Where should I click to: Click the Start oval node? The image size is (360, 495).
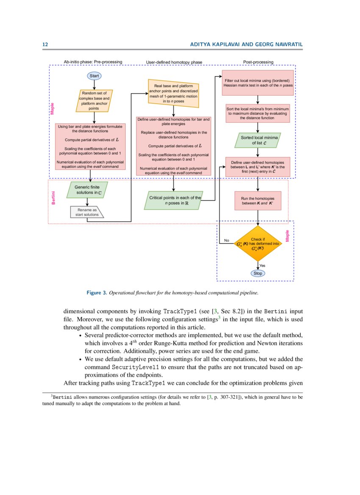94,76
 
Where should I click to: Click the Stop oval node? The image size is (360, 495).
258,273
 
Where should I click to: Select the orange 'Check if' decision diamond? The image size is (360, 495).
258,244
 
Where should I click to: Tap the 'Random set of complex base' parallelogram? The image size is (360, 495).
94,101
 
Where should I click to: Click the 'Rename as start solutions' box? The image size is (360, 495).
87,212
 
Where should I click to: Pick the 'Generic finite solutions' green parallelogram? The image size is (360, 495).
87,190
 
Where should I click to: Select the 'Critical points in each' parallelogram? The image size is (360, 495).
173,200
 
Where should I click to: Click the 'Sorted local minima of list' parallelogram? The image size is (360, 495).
258,141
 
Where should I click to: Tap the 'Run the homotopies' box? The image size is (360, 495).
258,201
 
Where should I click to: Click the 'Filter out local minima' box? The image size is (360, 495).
258,83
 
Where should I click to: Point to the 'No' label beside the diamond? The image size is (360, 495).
227,241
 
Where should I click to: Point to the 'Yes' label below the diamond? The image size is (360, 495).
262,265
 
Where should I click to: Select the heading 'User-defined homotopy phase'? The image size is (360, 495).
174,62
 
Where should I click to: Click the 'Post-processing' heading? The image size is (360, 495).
258,62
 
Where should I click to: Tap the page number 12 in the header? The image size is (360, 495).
44,44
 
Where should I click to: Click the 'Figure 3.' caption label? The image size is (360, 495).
97,293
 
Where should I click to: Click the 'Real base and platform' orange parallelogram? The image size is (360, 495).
174,94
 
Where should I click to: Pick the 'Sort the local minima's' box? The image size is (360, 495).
258,113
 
